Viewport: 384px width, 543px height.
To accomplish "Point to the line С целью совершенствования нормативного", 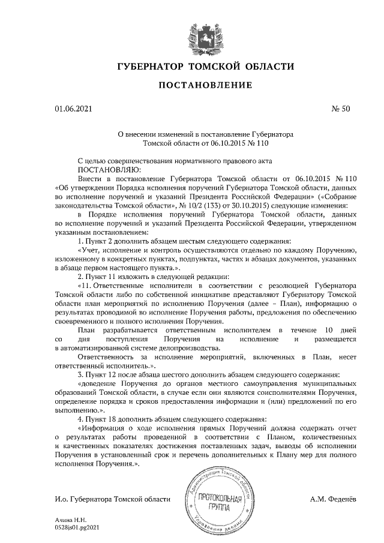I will pos(175,161).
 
